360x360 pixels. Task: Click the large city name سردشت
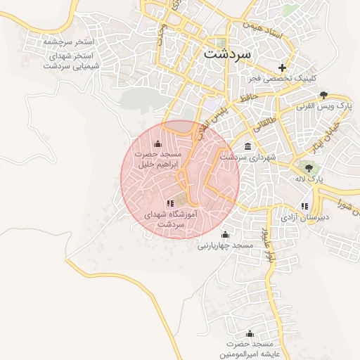point(226,53)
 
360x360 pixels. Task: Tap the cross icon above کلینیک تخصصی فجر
point(283,68)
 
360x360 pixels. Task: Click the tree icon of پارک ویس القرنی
point(323,95)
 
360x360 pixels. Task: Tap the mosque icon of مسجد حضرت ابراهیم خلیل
point(166,144)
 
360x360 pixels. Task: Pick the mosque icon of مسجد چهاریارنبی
point(225,234)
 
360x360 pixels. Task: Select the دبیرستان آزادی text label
point(302,217)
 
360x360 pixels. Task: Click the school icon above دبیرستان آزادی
point(304,206)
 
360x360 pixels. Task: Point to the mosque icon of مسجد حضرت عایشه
point(250,333)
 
